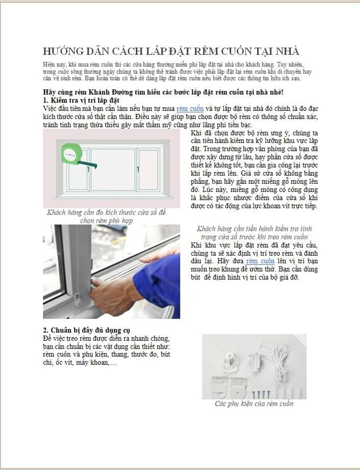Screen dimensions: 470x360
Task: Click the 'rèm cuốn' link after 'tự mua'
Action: tap(190, 109)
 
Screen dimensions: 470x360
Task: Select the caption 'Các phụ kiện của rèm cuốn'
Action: tap(254, 404)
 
